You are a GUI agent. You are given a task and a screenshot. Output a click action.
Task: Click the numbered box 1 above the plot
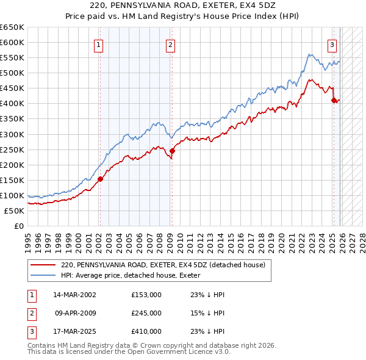99,44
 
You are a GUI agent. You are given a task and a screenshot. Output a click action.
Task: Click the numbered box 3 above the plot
332,44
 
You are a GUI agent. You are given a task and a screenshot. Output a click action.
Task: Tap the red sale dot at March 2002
100,179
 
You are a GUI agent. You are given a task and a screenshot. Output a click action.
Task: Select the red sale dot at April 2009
172,151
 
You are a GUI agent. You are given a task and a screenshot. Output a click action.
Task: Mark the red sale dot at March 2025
334,100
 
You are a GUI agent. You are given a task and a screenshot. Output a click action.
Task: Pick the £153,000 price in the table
146,295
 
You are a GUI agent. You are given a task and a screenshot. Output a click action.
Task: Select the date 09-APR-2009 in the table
75,313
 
